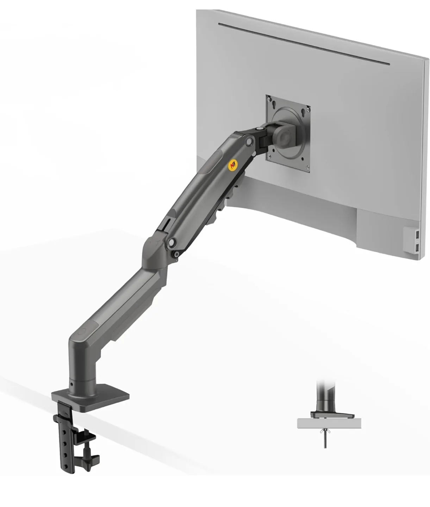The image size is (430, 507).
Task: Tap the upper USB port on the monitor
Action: pos(417,234)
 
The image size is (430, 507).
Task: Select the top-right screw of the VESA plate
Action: pos(309,107)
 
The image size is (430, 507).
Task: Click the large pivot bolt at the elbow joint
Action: pos(172,242)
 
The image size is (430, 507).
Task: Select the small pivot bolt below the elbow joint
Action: pos(175,254)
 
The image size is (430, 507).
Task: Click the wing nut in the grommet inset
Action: pos(324,432)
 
